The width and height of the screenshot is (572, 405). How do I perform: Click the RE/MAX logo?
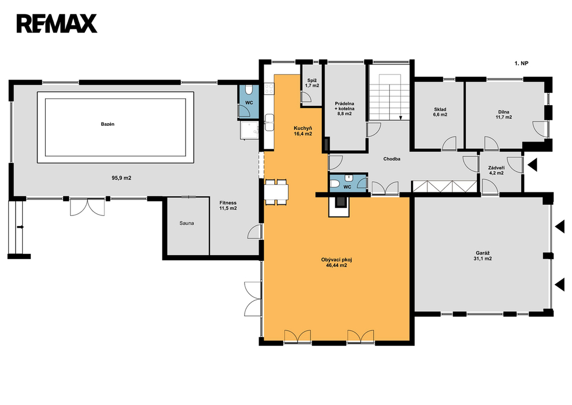click(x=56, y=23)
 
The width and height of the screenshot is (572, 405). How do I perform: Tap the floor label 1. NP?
click(x=521, y=64)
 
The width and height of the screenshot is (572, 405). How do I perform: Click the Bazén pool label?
click(x=108, y=124)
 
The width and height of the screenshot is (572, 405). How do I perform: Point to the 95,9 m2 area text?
click(x=121, y=178)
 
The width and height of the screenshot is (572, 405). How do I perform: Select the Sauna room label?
click(x=187, y=223)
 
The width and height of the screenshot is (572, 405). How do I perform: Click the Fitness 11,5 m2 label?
click(x=228, y=206)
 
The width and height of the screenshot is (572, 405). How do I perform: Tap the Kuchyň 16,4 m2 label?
click(x=303, y=131)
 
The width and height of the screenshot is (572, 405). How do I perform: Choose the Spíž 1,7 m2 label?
click(x=312, y=83)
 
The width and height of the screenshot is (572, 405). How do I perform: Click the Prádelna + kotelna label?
click(x=344, y=109)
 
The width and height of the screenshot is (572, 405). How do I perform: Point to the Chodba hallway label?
click(x=392, y=159)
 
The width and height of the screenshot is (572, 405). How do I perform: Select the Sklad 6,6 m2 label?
click(x=440, y=112)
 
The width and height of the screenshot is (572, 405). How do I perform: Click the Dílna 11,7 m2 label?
click(x=503, y=115)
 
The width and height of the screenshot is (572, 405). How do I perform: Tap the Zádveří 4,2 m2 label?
click(x=496, y=170)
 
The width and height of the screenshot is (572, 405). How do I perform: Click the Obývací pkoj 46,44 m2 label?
click(x=336, y=262)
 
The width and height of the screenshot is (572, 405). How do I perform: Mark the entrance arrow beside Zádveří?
click(x=532, y=165)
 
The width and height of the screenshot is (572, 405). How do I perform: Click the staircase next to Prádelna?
click(x=389, y=97)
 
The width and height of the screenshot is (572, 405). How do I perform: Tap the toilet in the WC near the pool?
click(x=248, y=90)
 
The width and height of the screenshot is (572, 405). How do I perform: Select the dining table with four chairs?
click(x=276, y=191)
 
